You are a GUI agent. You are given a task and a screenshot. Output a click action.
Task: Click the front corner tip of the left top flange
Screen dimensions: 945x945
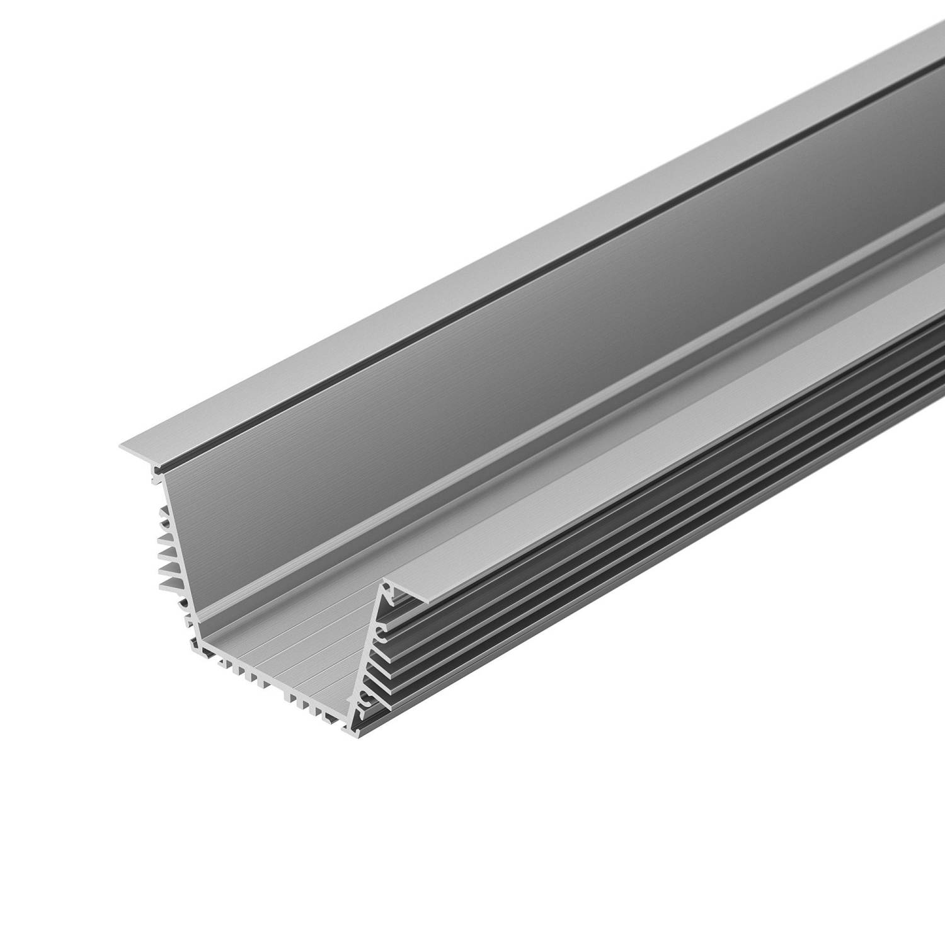pos(120,446)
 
